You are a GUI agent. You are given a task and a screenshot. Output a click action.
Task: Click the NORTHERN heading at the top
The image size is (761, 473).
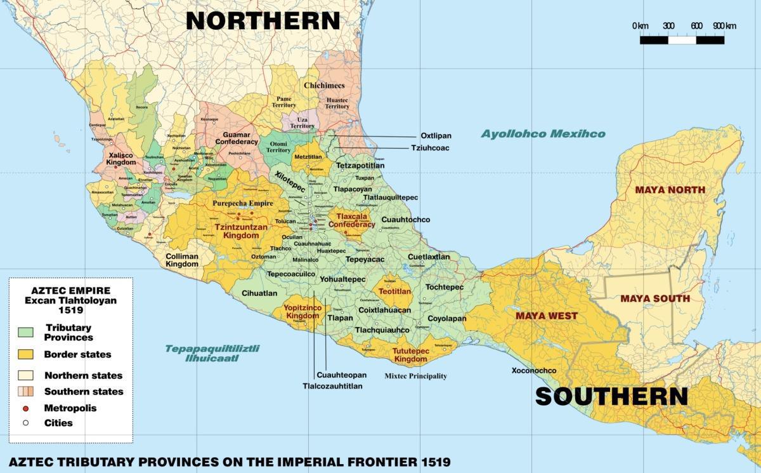click(263, 20)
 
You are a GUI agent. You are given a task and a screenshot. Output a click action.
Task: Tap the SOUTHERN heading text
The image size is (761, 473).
click(611, 396)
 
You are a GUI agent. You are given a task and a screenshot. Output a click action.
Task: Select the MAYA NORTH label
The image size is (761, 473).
click(670, 190)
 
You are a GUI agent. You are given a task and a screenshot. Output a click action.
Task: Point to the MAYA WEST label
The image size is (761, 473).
click(546, 316)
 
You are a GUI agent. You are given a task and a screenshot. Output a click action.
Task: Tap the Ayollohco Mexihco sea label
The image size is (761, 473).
click(543, 134)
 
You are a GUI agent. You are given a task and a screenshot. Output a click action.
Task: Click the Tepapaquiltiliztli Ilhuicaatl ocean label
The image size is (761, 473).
click(212, 353)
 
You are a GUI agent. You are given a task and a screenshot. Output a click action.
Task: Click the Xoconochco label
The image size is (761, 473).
click(534, 371)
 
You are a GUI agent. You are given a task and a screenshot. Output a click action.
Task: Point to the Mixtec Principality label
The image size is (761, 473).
click(416, 376)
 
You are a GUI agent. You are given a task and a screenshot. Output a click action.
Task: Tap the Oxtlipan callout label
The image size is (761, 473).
click(436, 136)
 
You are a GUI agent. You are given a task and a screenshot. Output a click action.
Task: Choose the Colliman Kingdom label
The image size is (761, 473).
click(182, 260)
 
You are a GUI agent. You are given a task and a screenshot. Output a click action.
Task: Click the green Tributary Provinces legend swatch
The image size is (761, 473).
click(26, 333)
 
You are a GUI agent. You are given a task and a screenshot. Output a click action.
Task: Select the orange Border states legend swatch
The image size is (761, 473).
click(26, 354)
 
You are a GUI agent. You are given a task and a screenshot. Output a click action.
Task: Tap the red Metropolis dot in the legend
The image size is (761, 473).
click(26, 408)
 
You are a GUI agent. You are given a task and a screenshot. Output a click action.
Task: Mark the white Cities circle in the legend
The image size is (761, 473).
click(26, 423)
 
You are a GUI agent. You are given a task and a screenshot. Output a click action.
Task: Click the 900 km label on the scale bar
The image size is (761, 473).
click(724, 25)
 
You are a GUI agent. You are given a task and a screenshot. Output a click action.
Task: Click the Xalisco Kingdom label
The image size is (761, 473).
click(121, 159)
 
